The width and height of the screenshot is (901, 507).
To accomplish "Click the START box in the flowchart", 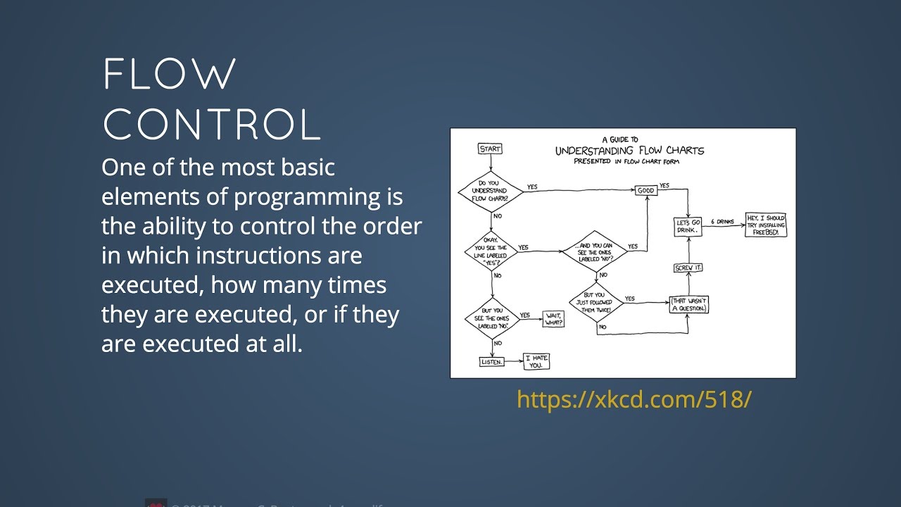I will tap(490, 149).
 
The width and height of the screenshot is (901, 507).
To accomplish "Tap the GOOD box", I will tap(645, 190).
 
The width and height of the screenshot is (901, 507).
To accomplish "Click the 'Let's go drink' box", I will tap(688, 227).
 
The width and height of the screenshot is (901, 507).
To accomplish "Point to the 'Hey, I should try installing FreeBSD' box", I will tap(766, 225).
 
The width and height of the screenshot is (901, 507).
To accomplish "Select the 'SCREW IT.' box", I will tap(688, 268).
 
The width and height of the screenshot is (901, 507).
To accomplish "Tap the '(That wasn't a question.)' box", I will tap(688, 305).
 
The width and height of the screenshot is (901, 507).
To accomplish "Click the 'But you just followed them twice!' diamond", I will tap(595, 305).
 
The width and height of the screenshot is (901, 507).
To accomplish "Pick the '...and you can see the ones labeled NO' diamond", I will tap(595, 251).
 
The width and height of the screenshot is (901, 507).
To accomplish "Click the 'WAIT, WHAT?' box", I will tap(554, 318).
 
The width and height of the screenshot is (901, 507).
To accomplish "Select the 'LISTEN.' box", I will tap(491, 361).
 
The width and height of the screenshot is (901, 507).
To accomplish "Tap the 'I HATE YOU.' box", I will tap(536, 361).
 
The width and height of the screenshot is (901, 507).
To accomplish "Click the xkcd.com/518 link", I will tap(634, 399).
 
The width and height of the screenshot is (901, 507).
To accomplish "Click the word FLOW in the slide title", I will tap(170, 74).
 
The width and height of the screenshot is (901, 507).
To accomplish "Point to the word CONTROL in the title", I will tap(211, 125).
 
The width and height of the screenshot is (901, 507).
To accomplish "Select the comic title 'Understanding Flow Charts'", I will tap(629, 151).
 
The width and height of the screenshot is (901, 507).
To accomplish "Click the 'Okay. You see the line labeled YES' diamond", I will tap(491, 251).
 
